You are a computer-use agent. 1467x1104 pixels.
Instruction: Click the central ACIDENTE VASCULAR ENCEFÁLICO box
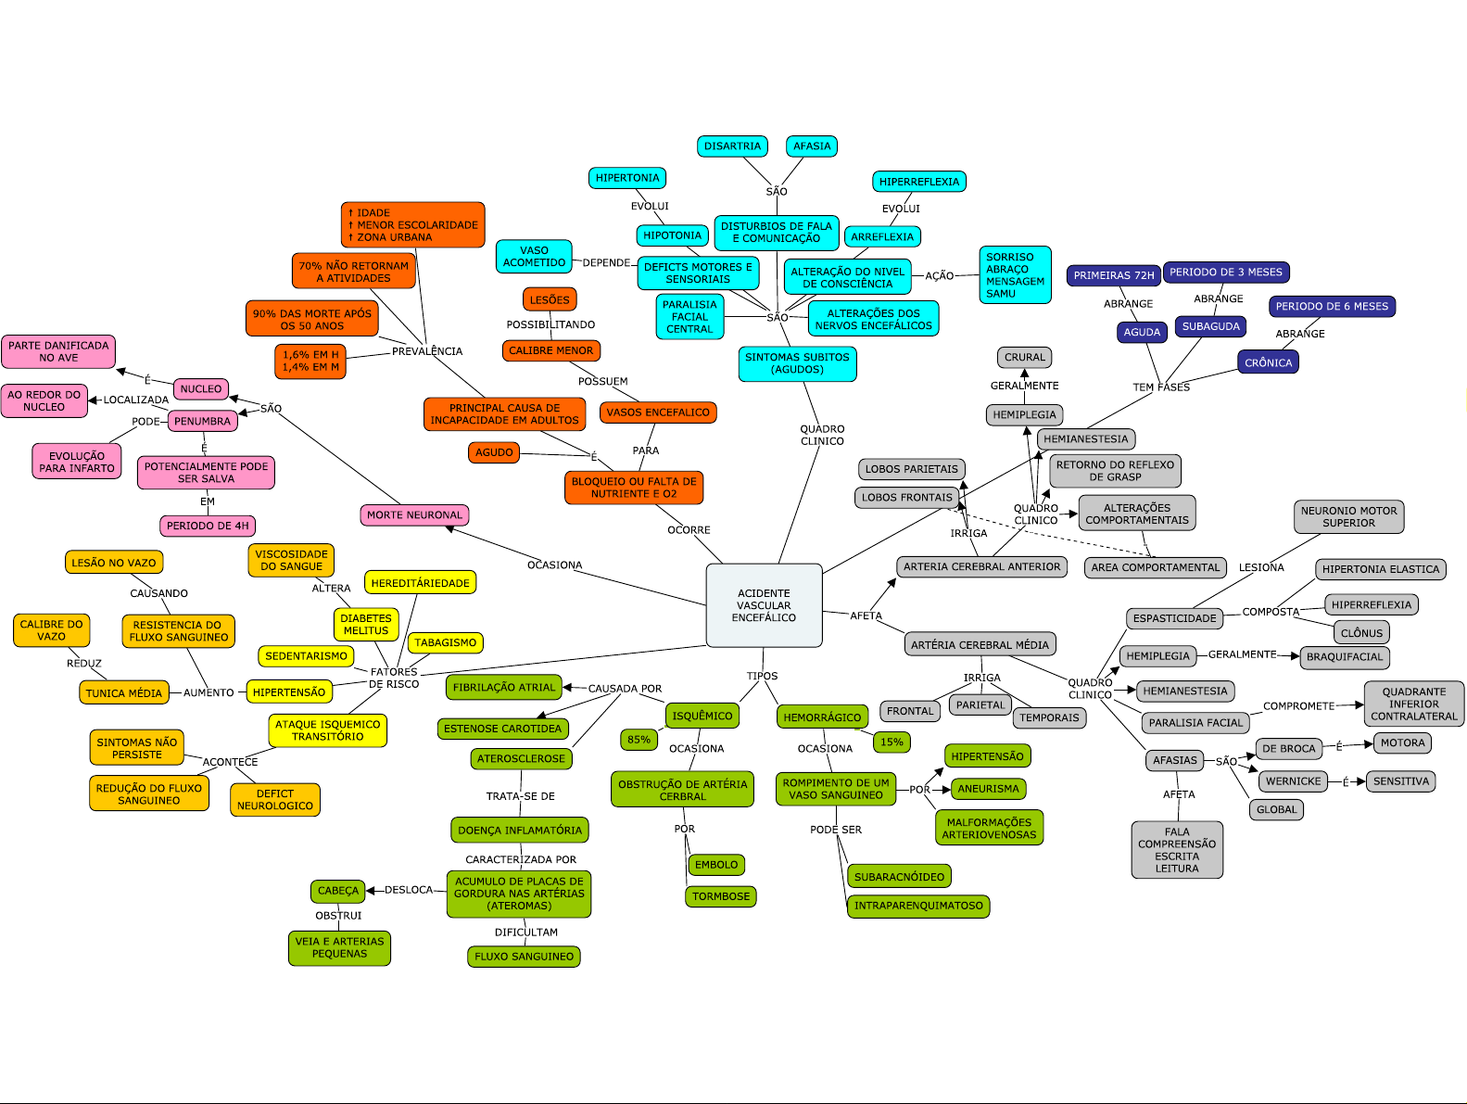tap(764, 605)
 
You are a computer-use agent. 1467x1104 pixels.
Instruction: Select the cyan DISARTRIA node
tap(732, 146)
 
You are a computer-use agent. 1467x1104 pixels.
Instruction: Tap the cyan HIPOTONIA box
tap(672, 235)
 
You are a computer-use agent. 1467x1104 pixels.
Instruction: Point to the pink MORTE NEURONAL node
tap(414, 515)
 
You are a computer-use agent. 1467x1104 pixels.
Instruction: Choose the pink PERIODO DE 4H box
tap(208, 526)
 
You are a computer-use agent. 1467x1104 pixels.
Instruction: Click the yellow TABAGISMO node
tap(445, 642)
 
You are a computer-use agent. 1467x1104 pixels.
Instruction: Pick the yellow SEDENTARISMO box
tap(306, 656)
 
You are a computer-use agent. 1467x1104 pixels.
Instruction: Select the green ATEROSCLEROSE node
tap(521, 758)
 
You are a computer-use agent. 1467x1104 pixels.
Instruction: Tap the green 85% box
tap(639, 740)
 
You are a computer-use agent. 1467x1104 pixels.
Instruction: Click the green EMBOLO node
tap(716, 865)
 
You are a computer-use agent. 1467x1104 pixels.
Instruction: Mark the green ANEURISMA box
tap(988, 789)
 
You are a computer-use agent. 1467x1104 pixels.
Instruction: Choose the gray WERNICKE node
tap(1293, 781)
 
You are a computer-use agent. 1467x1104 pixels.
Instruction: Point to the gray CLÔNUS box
tap(1361, 633)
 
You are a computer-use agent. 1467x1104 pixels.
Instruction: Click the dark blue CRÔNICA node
tap(1268, 362)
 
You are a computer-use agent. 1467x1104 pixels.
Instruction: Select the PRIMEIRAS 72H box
tap(1114, 275)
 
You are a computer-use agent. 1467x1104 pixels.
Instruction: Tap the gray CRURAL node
tap(1024, 357)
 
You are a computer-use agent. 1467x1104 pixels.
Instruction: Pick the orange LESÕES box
tap(550, 300)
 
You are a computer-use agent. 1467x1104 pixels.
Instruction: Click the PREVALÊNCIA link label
tap(427, 351)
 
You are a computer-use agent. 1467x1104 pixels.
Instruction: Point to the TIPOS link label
tap(762, 676)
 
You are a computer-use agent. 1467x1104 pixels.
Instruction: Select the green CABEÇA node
tap(337, 891)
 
